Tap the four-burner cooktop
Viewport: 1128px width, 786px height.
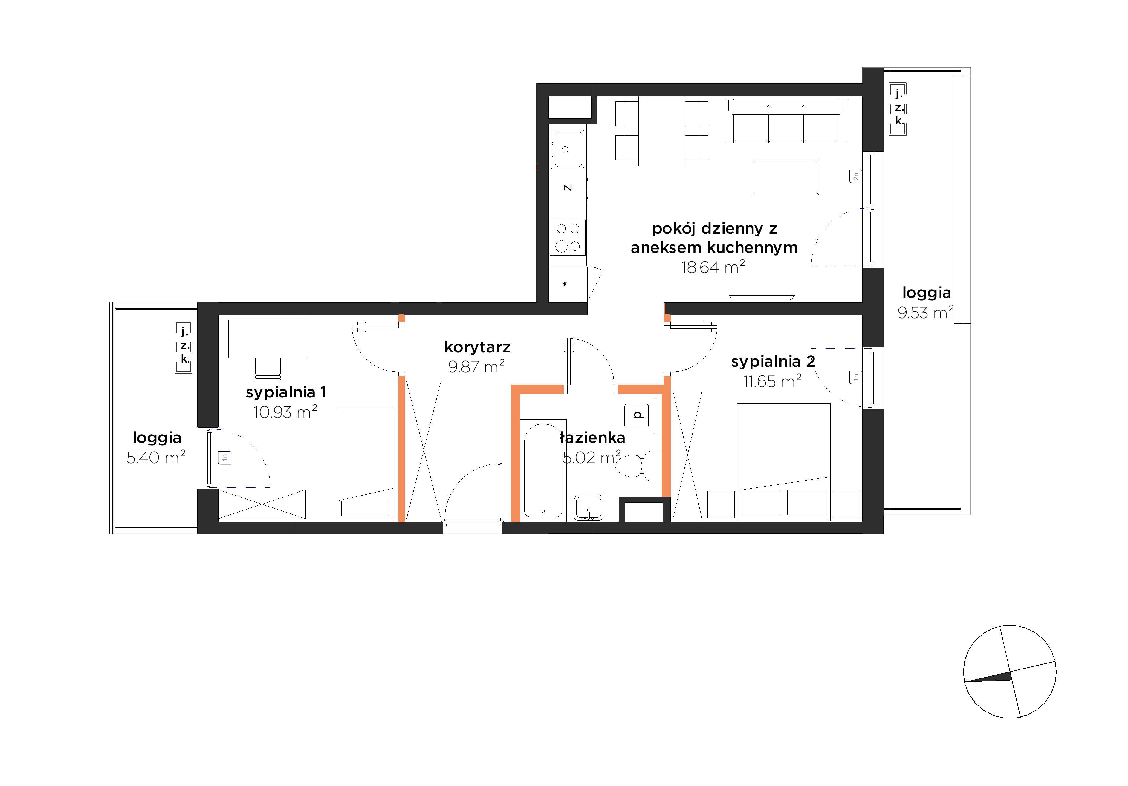[568, 237]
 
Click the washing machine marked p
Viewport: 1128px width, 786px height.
[638, 415]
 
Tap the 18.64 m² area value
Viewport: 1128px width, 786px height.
[713, 267]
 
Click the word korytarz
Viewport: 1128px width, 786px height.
[477, 347]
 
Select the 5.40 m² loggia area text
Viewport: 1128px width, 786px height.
[156, 457]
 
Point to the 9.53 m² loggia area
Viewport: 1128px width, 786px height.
[926, 312]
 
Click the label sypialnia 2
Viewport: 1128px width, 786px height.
[773, 362]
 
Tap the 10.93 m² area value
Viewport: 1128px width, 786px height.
[285, 412]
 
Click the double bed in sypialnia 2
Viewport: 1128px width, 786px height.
[784, 462]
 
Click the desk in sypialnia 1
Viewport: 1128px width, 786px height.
[268, 339]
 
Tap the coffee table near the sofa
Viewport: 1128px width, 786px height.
[785, 177]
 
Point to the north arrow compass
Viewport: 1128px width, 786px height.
[1010, 672]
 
